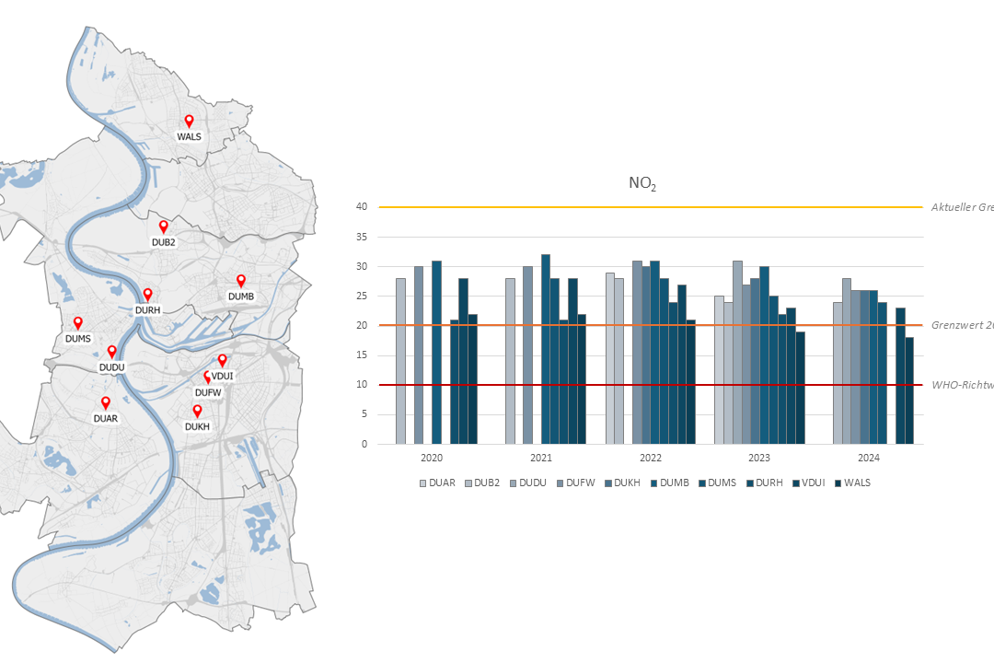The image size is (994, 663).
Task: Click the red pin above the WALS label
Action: tap(189, 121)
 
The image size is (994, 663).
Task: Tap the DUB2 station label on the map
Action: tap(163, 242)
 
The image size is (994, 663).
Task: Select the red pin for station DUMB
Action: tap(241, 280)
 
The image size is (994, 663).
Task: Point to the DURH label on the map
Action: tap(147, 310)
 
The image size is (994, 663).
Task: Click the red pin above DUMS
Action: tap(78, 322)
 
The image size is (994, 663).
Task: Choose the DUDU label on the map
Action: tap(111, 367)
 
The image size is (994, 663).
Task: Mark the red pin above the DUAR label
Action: tap(106, 402)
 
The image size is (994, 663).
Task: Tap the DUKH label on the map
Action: tap(197, 426)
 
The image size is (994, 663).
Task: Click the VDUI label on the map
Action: tap(223, 376)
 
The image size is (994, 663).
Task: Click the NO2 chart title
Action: tap(642, 184)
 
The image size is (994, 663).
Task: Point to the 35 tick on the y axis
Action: tap(361, 237)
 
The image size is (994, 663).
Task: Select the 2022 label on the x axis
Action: tap(650, 458)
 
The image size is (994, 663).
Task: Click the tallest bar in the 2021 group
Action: tap(546, 349)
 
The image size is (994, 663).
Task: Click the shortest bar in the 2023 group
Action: tap(800, 388)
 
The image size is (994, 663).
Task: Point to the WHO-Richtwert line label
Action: tap(962, 385)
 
